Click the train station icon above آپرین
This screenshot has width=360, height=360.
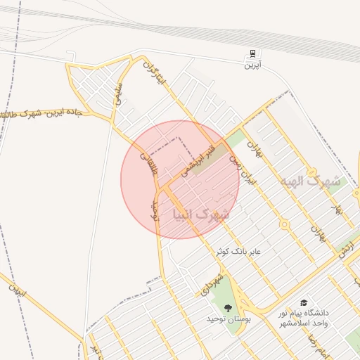(x=252, y=54)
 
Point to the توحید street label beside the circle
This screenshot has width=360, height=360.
(x=156, y=209)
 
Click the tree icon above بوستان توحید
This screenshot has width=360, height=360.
(x=228, y=307)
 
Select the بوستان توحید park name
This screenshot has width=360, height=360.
(x=229, y=319)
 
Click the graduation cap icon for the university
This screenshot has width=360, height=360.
(x=304, y=301)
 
